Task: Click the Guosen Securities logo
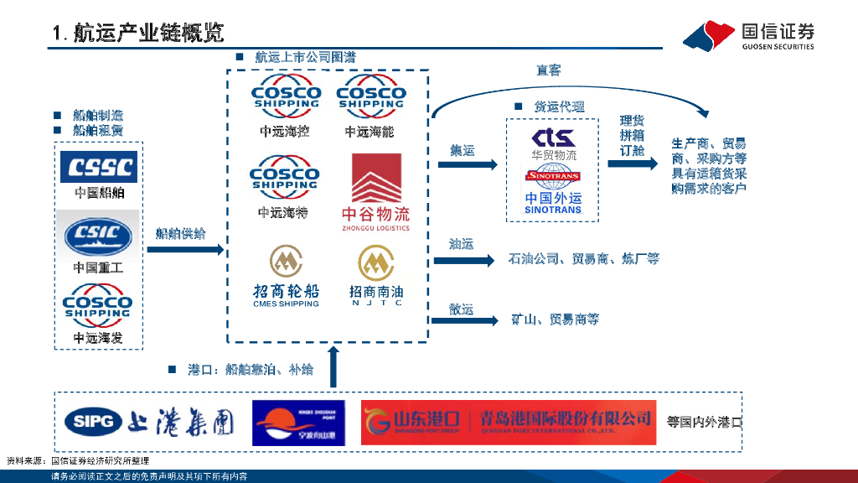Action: pos(748,35)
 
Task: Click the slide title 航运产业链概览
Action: pos(138,34)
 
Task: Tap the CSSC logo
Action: pos(99,167)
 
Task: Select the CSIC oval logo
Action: pos(98,236)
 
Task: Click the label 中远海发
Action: pos(98,338)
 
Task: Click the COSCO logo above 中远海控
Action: pos(285,99)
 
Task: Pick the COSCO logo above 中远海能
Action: pos(370,99)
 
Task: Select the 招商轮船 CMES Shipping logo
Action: pos(286,275)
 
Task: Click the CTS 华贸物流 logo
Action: pos(553,143)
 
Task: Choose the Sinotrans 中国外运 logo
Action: pos(553,189)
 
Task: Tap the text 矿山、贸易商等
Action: pos(556,319)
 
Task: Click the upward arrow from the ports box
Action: pos(334,367)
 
